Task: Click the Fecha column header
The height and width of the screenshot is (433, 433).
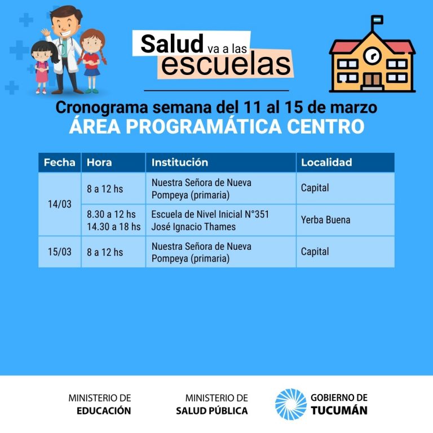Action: coord(59,162)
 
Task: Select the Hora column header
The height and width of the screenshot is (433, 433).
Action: coord(99,162)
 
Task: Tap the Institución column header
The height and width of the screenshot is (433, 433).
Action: coord(179,162)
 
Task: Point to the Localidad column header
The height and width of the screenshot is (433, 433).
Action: coord(326,162)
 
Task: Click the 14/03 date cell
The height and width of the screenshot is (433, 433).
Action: coord(60,204)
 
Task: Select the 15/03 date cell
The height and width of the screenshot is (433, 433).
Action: coord(60,251)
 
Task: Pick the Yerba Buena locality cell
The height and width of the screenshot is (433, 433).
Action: coord(325,220)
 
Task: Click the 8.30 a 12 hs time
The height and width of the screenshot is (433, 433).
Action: coord(111,214)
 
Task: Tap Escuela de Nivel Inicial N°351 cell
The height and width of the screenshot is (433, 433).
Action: coord(210,214)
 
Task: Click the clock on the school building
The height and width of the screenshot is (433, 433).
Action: coord(373,55)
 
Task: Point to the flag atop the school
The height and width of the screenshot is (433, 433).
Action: coord(377,20)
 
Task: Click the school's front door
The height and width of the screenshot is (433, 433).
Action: coord(372,80)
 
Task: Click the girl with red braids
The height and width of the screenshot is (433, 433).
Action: coord(92,61)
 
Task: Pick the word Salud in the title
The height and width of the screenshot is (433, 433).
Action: coord(172,43)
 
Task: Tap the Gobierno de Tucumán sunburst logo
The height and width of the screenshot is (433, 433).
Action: coord(291,404)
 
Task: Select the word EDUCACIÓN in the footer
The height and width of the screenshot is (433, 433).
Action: coord(104,410)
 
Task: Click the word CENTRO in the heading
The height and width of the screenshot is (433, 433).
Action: coord(325,126)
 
